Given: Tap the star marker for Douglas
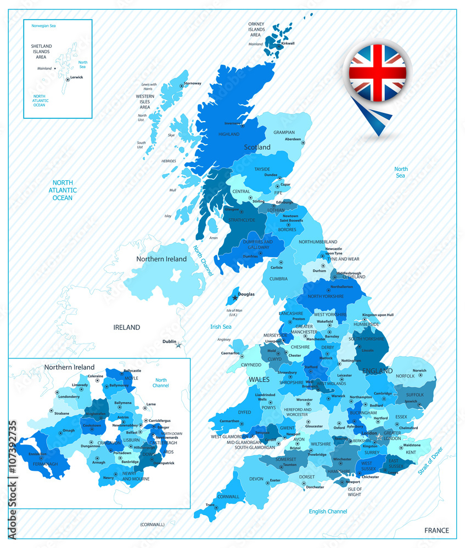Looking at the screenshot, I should [235, 298].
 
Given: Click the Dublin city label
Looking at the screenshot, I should [169, 341].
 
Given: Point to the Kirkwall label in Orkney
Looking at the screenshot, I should [288, 43].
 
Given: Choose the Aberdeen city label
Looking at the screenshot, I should [293, 139].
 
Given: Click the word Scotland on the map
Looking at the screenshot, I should [257, 147].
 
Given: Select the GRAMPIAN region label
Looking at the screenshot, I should [284, 132].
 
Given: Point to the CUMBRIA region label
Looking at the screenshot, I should [278, 279].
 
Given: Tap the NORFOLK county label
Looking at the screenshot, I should [405, 376].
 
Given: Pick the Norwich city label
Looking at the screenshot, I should [419, 370].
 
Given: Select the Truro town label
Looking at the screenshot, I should [210, 505].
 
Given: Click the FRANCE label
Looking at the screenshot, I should [436, 530].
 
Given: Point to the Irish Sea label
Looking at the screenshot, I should [221, 327].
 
